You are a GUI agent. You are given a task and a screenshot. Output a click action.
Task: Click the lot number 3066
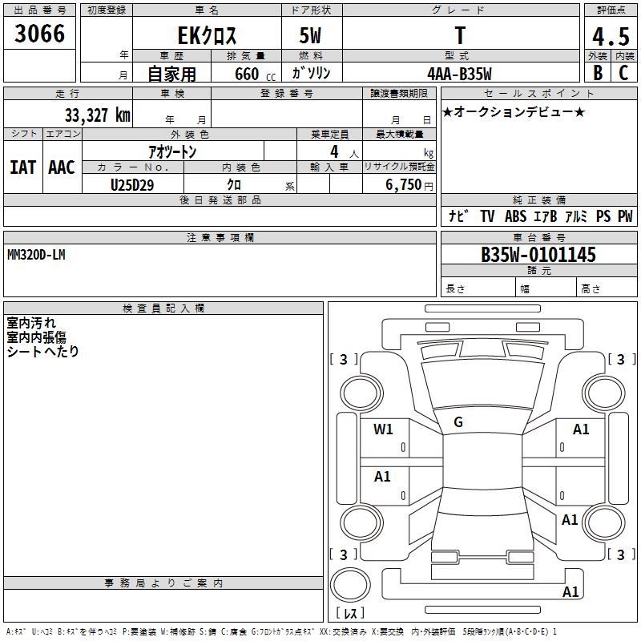pos(39,34)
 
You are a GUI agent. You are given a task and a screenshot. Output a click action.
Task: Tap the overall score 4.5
pos(611,37)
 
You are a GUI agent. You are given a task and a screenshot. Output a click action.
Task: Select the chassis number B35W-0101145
pos(538,255)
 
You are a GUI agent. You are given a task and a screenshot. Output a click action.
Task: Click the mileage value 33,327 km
pos(98,115)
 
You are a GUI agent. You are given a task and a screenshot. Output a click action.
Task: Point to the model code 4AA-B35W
pos(459,74)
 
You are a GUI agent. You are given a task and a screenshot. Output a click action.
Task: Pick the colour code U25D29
pos(132,185)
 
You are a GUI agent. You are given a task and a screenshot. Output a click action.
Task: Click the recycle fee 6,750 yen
pos(409,185)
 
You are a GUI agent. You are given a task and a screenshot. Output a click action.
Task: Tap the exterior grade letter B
pos(598,73)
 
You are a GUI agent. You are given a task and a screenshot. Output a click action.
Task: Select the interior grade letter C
pos(623,73)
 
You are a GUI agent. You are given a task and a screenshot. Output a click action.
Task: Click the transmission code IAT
pos(23,167)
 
